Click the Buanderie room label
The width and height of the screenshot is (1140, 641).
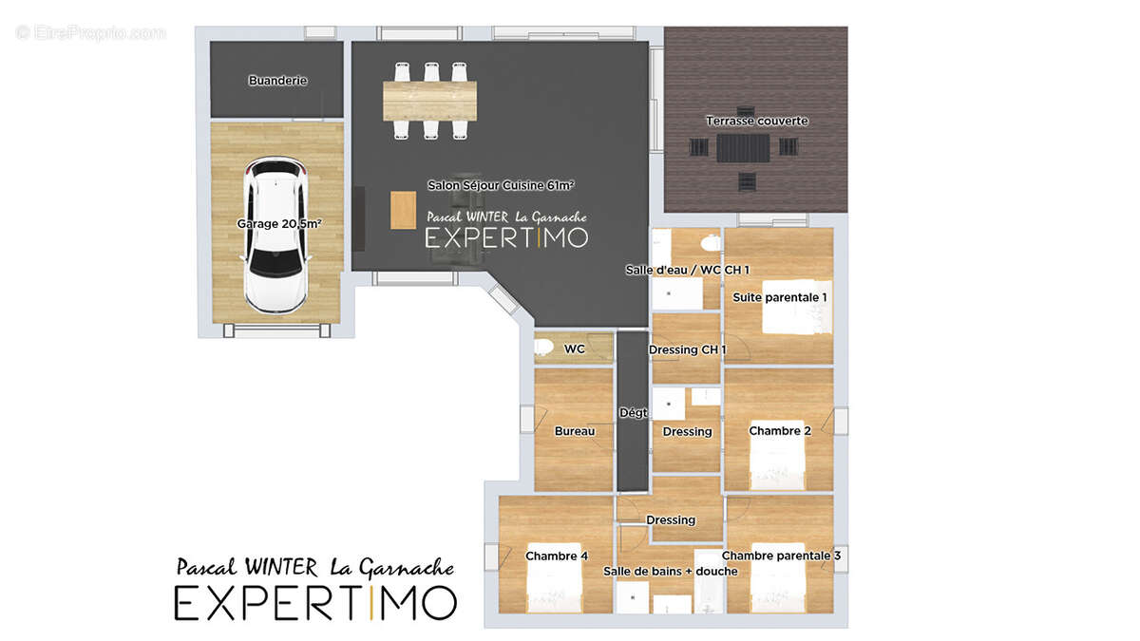277,81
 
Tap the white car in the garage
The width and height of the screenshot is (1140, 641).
275,235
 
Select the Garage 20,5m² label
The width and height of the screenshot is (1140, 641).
279,224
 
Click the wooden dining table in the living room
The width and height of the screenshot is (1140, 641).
430,101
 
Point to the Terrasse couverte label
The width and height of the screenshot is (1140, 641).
757,122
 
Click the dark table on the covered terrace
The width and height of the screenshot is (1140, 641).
744,148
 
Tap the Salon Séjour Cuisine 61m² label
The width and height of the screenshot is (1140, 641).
501,186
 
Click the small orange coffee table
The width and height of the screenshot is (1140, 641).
403,210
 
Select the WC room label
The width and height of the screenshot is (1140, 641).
575,349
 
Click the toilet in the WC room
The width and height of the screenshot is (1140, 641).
543,347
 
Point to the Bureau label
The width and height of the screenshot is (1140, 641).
575,431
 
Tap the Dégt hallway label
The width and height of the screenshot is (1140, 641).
634,412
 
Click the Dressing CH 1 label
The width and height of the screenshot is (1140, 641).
688,350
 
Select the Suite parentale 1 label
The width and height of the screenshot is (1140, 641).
780,297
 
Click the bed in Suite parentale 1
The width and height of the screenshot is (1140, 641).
797,307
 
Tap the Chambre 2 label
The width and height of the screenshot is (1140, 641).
780,431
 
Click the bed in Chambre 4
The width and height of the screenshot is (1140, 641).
554,578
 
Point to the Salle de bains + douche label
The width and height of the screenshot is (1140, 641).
671,572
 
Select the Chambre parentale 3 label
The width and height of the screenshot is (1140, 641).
781,556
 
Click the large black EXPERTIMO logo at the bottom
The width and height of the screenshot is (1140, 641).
315,603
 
